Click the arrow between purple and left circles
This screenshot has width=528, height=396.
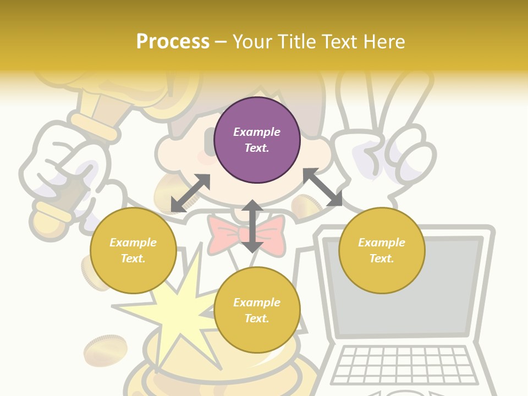click(x=190, y=193)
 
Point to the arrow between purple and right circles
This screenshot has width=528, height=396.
click(x=323, y=187)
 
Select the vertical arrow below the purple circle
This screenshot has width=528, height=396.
click(x=252, y=226)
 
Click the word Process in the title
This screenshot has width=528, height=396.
click(x=173, y=41)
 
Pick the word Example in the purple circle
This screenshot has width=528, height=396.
click(x=257, y=132)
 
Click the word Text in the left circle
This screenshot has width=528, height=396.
click(x=133, y=258)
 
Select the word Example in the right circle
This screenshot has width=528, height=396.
click(x=382, y=243)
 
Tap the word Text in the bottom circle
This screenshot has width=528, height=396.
click(x=257, y=318)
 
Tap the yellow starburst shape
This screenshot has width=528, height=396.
click(x=176, y=313)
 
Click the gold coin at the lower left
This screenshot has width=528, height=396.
click(x=105, y=350)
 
